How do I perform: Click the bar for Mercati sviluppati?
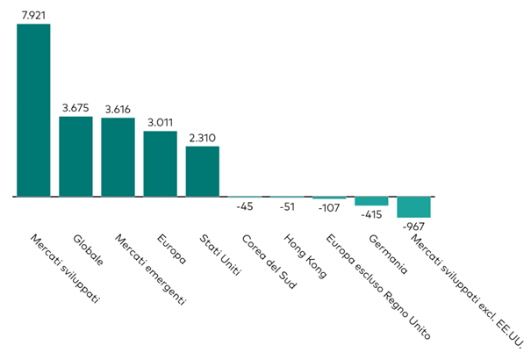point(33,110)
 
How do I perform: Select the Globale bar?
point(75,156)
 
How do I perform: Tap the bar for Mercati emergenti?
point(118,157)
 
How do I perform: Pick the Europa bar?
point(160,164)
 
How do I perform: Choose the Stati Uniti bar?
point(202,171)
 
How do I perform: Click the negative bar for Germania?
point(371,201)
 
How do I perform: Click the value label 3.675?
point(75,107)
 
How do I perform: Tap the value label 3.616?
point(118,108)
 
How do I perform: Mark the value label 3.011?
point(160,122)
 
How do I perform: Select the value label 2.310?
point(202,137)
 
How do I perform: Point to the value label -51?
point(286,208)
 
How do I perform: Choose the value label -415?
point(371,214)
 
